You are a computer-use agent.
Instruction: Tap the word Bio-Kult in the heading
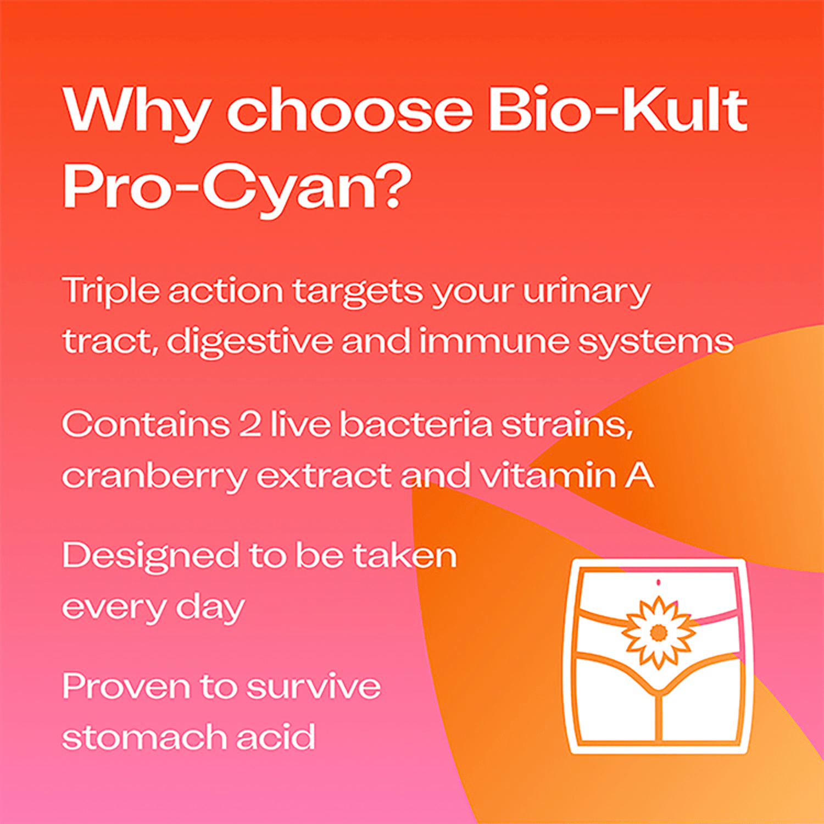click(x=618, y=110)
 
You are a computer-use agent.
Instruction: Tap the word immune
click(x=494, y=341)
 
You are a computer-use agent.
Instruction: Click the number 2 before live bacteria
click(x=250, y=425)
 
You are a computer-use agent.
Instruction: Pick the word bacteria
click(x=415, y=425)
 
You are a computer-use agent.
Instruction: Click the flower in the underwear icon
click(x=658, y=632)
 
